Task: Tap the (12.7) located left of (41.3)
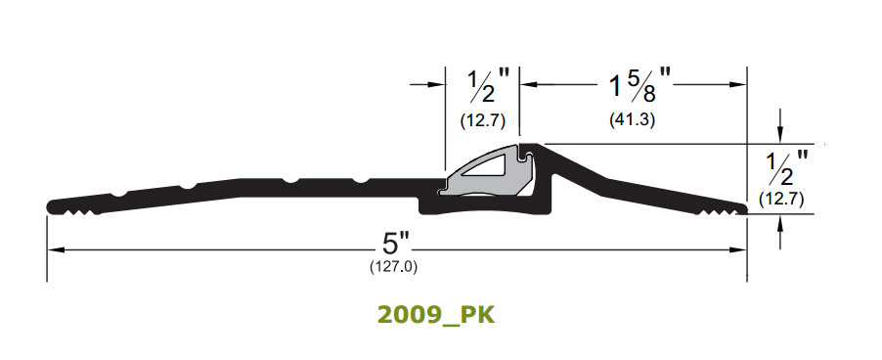[481, 121]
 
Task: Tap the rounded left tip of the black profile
[51, 204]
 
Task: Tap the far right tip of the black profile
[745, 206]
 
